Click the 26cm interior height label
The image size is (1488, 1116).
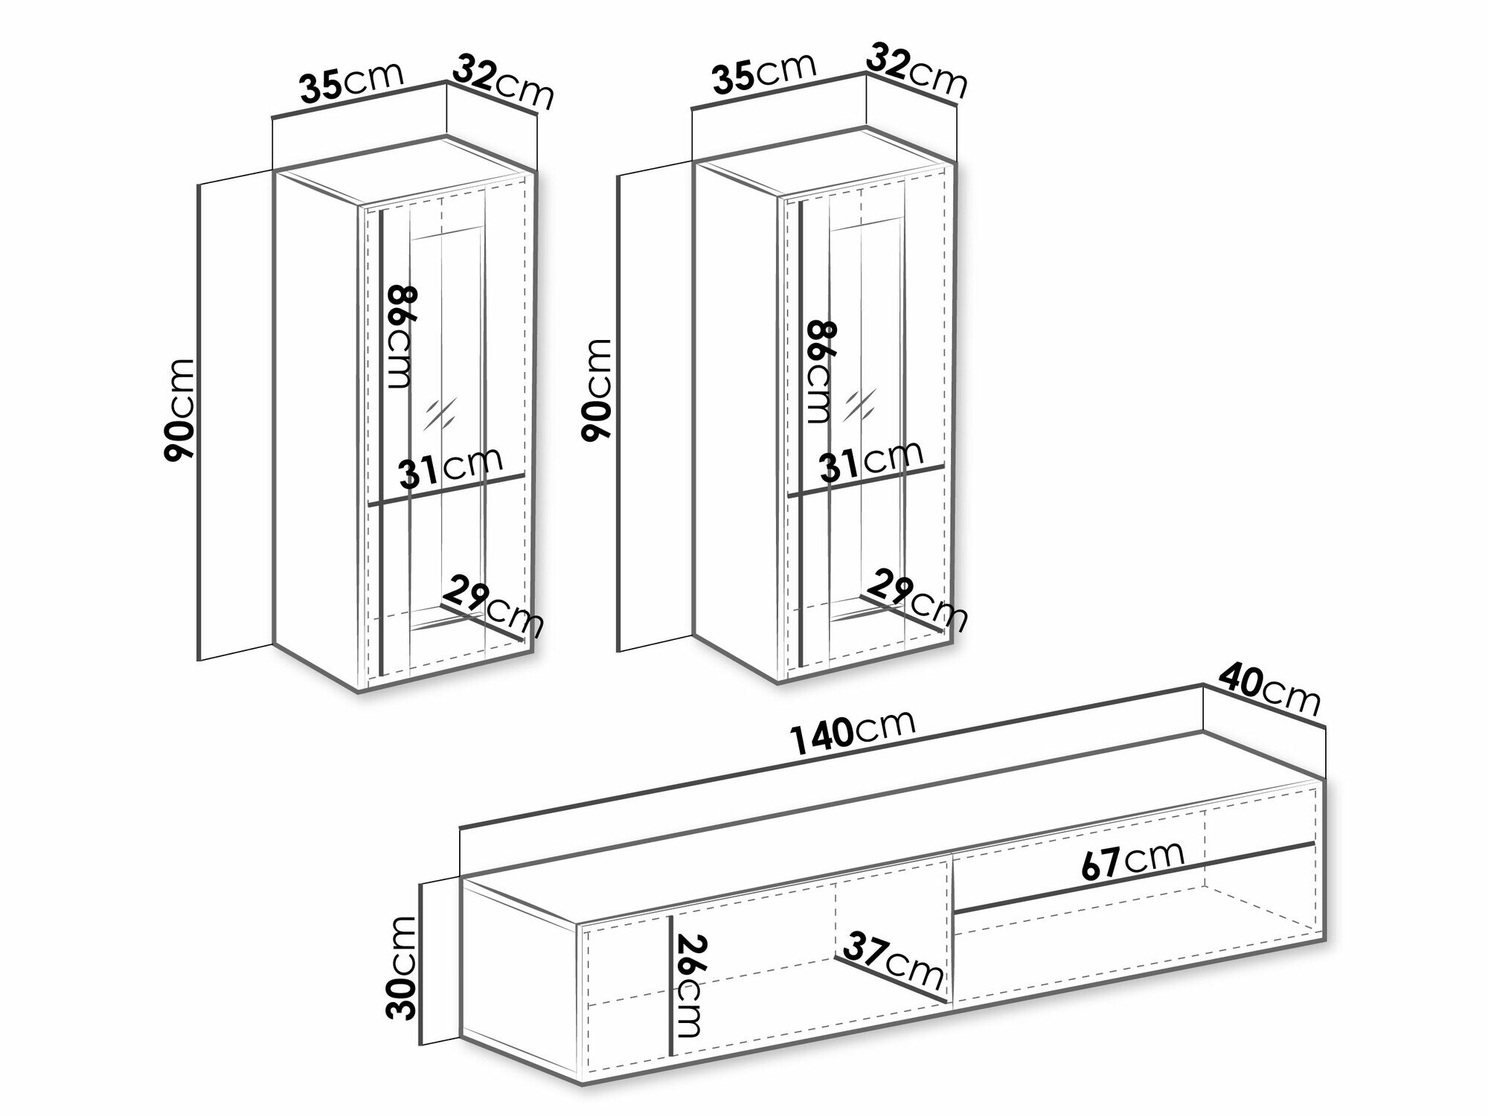(689, 984)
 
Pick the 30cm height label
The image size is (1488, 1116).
(403, 967)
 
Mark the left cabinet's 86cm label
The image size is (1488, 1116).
(400, 337)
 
